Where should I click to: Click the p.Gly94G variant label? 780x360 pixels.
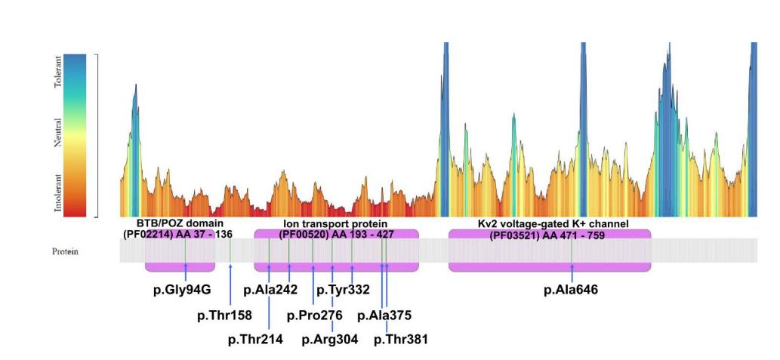(185, 290)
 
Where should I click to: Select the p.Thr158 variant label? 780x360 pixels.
(224, 315)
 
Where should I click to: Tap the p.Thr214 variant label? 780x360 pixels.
(255, 340)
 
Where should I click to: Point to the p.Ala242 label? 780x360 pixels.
(270, 290)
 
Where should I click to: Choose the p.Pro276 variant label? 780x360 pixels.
(315, 315)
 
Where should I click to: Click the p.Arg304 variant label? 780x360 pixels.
(330, 340)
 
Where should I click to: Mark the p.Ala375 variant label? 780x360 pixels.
(384, 315)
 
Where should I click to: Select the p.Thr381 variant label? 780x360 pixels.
(401, 340)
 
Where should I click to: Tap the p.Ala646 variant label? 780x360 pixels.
(571, 290)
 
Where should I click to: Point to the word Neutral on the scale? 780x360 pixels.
(60, 131)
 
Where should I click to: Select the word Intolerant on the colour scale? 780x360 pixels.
(60, 193)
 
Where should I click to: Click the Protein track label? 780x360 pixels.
(65, 251)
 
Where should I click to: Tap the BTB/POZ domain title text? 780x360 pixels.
(179, 224)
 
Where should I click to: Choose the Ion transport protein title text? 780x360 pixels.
(335, 224)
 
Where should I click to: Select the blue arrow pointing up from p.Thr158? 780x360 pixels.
(230, 283)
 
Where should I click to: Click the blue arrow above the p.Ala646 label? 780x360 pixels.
(572, 272)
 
